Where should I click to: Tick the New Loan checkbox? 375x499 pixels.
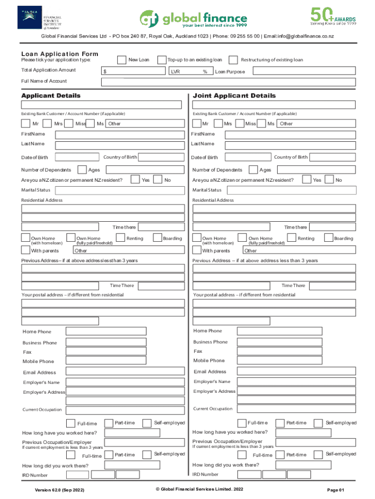pos(122,59)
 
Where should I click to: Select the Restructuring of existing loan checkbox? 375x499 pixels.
pos(233,59)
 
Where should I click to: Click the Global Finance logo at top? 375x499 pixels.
pos(193,18)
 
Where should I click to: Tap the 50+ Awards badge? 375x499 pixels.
pos(334,16)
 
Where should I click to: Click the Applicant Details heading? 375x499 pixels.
pos(51,96)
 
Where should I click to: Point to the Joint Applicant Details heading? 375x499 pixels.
pos(234,96)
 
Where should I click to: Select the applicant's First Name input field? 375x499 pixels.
pos(120,134)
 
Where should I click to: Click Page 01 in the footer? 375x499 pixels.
pos(336,490)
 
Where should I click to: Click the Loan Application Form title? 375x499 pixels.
pos(59,54)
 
